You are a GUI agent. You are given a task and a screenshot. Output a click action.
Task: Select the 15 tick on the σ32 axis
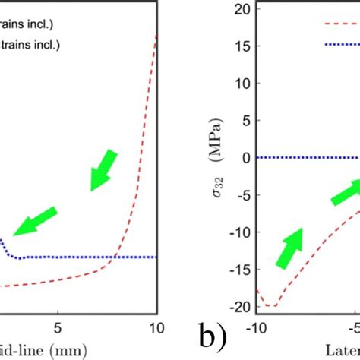(242, 46)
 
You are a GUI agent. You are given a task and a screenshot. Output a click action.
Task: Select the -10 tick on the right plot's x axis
(257, 328)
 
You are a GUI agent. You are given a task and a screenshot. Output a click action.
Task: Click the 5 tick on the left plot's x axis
(58, 328)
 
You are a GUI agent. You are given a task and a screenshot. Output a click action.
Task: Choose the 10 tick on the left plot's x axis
(155, 328)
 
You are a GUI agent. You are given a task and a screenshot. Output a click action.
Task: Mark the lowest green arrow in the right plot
(289, 248)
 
